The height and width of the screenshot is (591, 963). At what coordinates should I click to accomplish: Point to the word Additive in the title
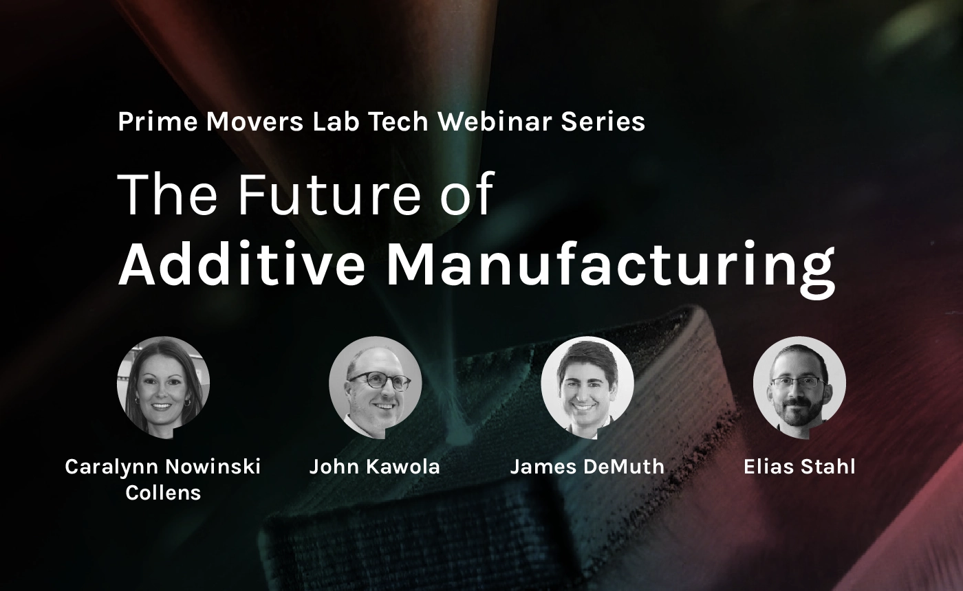coord(241,263)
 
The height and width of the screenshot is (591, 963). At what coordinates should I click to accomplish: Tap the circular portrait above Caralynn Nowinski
coord(164,388)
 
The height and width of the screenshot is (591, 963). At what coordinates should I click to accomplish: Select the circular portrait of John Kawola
coord(376,388)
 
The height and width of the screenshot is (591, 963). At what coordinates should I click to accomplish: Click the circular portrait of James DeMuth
coord(587,388)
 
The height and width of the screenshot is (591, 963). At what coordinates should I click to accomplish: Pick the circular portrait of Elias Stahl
coord(799,388)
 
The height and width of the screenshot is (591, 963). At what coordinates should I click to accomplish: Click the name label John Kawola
coord(375,467)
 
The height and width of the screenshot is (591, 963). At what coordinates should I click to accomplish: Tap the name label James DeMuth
coord(587,467)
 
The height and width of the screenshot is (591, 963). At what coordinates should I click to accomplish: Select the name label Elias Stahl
coord(799,467)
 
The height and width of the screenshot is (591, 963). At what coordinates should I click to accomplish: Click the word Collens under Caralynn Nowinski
coord(164,493)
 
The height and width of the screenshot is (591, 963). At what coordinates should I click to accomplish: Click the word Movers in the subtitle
coord(255,122)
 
